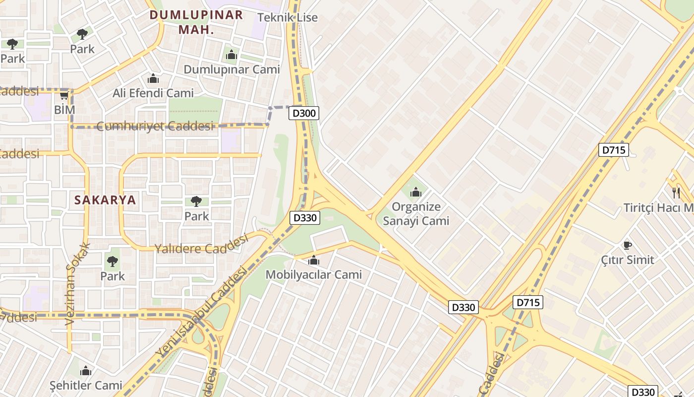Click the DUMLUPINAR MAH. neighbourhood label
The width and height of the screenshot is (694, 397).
[x=196, y=22]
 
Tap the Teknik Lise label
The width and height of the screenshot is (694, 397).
[x=288, y=17]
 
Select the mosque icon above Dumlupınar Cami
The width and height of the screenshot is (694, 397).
[x=231, y=55]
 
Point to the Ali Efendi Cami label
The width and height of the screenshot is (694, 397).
[x=153, y=93]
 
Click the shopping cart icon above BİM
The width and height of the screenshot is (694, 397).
[x=64, y=95]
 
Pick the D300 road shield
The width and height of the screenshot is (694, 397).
[x=304, y=113]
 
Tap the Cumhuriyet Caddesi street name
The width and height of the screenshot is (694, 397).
[x=155, y=126]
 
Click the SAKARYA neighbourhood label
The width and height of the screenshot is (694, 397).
[x=105, y=200]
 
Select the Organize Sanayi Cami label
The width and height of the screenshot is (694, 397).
[x=416, y=214]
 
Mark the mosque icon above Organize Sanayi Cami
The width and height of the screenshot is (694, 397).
[x=416, y=192]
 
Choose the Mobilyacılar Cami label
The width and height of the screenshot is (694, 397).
[x=314, y=274]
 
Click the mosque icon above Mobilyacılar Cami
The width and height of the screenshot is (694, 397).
[x=314, y=260]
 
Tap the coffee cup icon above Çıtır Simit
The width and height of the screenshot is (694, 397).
[x=627, y=245]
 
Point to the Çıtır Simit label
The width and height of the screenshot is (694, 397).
[x=627, y=260]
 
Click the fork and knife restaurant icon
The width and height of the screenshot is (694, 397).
[x=676, y=193]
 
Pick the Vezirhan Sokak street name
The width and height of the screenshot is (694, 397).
[x=77, y=283]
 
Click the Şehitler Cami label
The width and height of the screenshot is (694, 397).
[x=86, y=385]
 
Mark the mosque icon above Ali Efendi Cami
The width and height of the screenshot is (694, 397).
[x=153, y=78]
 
